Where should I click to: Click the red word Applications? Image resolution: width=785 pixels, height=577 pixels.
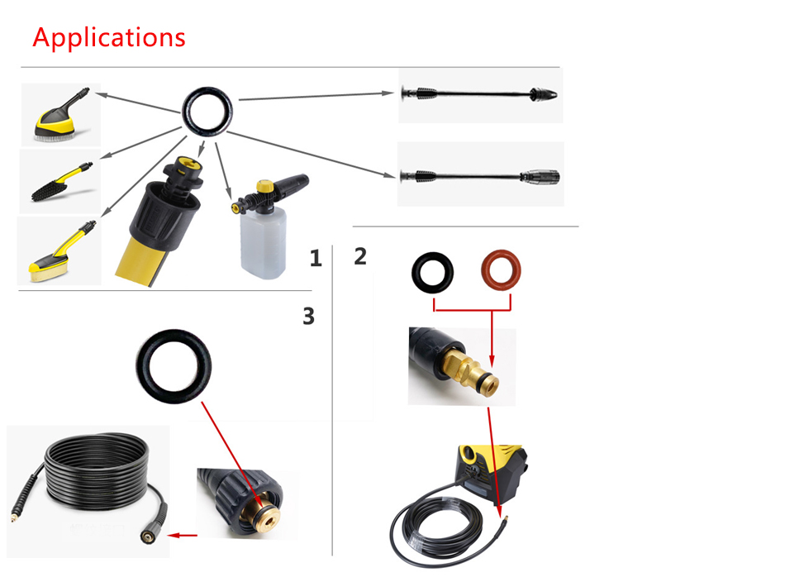109,38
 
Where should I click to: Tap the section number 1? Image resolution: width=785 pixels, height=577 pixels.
316,259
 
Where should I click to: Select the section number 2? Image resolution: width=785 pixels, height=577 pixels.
360,256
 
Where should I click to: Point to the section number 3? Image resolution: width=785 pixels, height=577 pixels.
308,316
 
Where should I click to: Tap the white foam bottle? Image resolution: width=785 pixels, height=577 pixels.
264,242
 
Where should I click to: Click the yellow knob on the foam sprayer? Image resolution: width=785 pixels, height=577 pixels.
264,186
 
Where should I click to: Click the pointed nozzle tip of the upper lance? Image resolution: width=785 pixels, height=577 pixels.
544,94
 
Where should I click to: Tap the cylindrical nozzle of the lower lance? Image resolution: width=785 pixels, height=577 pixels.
540,177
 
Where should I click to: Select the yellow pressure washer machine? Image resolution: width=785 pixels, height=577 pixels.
490,473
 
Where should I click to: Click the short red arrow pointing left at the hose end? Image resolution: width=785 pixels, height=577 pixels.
183,536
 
